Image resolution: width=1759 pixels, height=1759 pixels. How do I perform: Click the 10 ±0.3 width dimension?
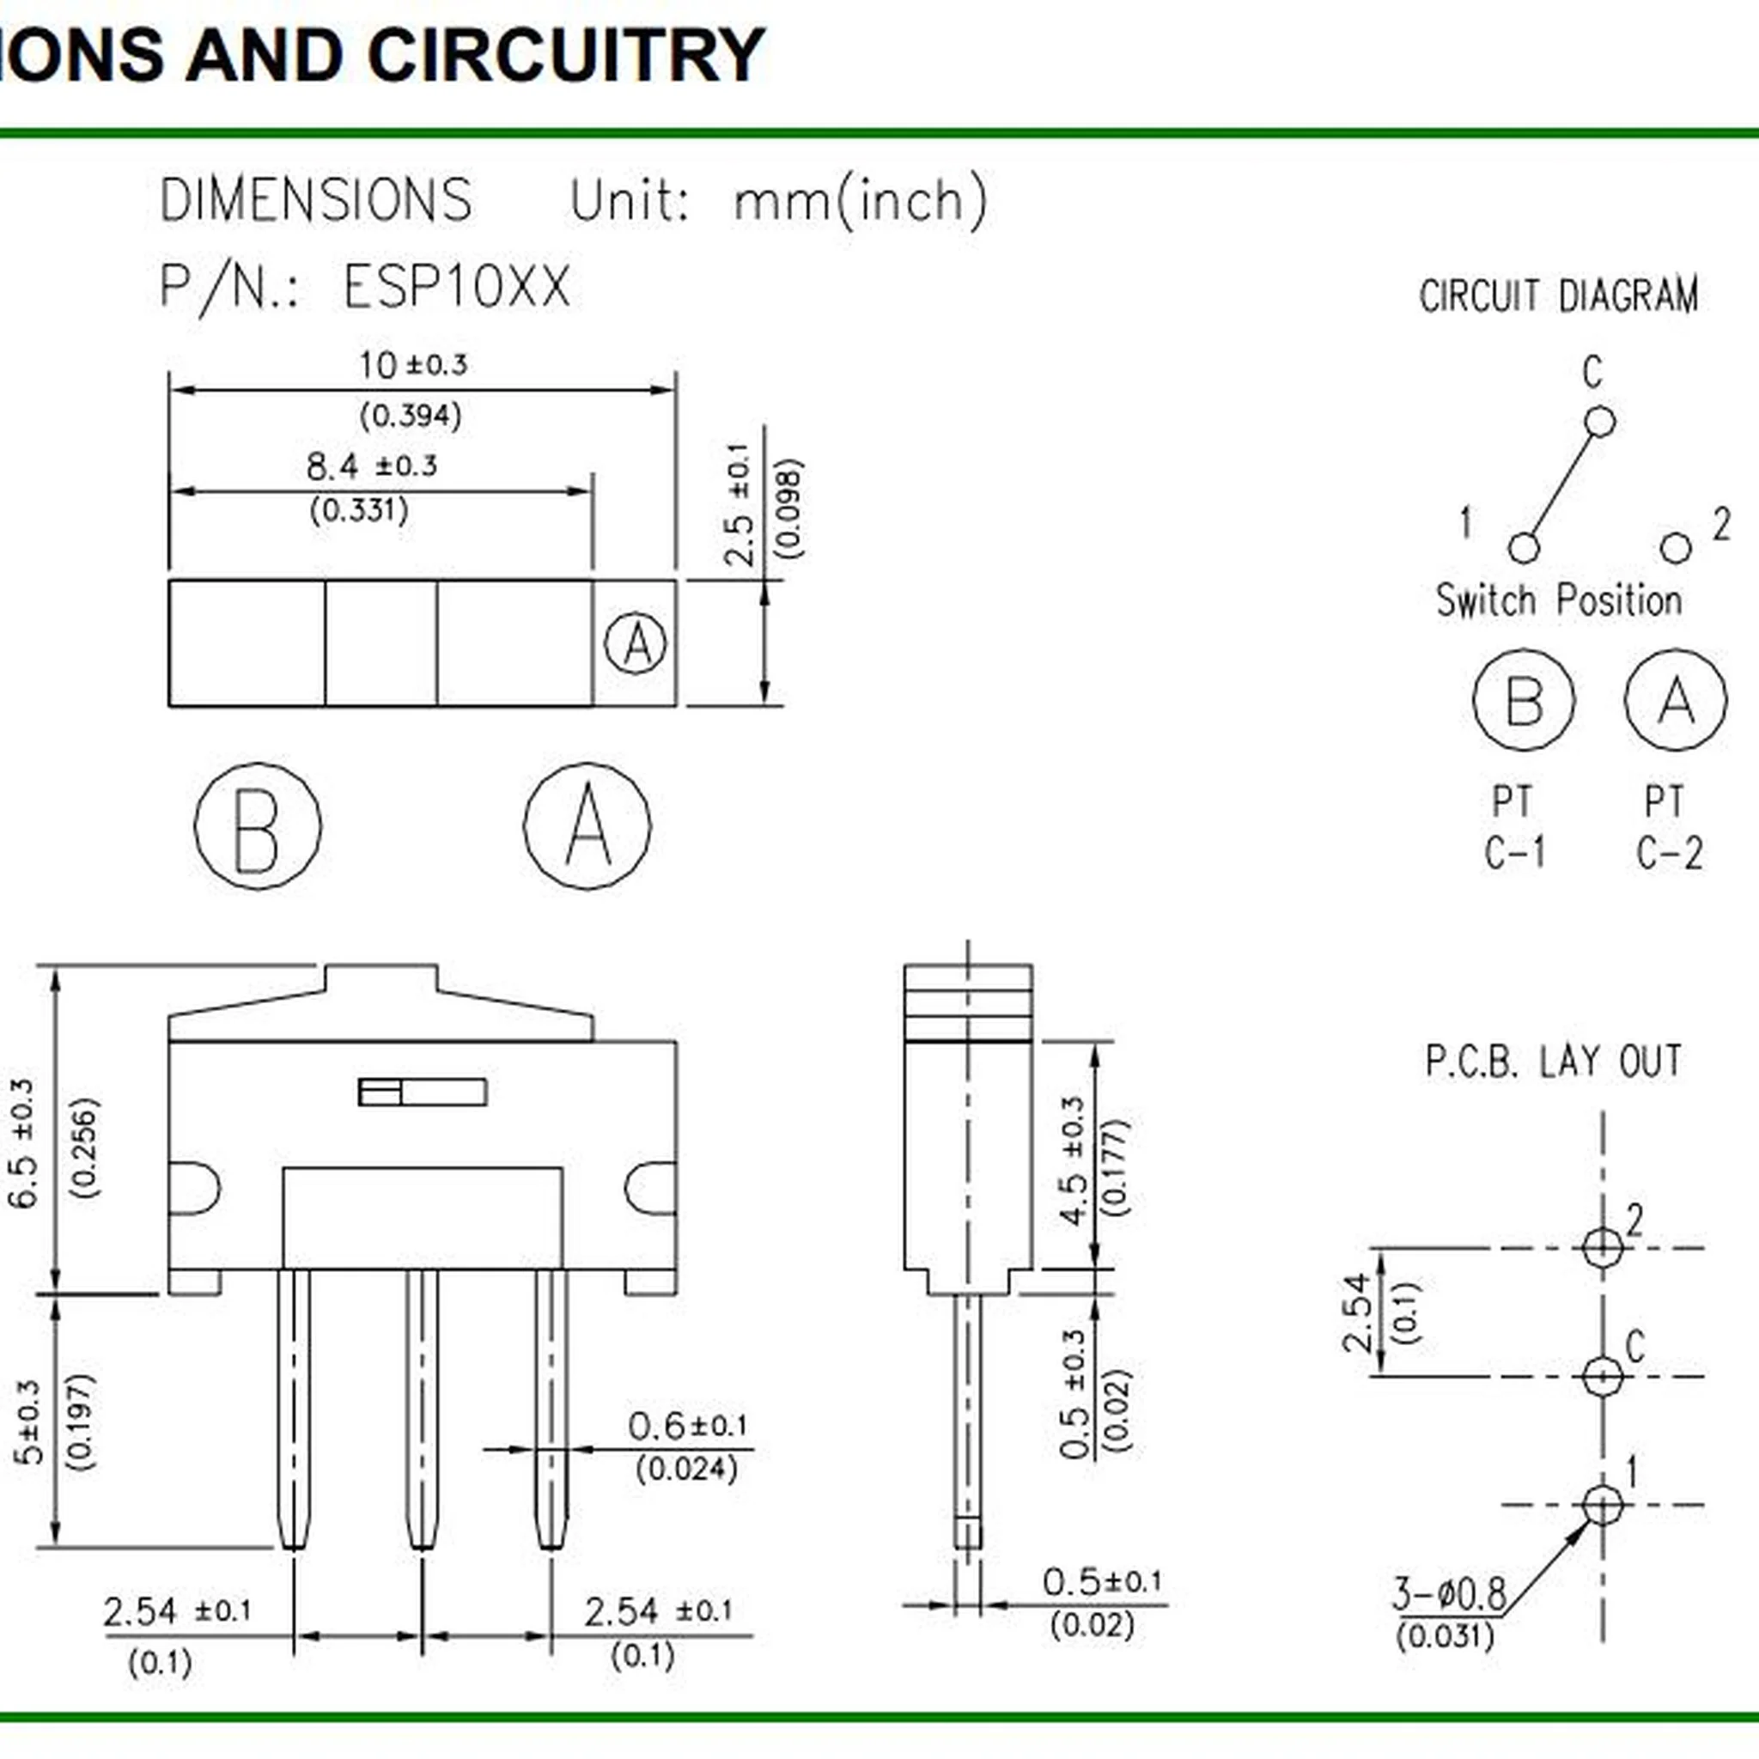(x=412, y=366)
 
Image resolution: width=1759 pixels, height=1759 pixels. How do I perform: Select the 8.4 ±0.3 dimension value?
(x=371, y=467)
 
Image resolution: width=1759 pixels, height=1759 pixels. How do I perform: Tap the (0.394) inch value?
(x=411, y=417)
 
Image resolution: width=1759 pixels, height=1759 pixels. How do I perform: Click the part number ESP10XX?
(x=456, y=287)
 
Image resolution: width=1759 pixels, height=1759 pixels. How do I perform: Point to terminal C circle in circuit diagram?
(x=1599, y=423)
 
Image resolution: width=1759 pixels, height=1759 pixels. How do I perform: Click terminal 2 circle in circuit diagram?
(x=1675, y=547)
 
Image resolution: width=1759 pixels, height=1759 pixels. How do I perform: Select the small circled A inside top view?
(x=636, y=643)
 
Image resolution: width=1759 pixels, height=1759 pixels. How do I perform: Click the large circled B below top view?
(x=258, y=825)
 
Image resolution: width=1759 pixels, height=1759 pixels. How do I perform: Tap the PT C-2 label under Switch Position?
(x=1668, y=828)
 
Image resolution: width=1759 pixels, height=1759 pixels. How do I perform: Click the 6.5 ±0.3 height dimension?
(x=23, y=1143)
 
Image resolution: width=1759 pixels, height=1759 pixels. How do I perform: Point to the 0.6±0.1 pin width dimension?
(x=687, y=1426)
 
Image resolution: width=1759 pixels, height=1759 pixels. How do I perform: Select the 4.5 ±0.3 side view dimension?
(x=1074, y=1161)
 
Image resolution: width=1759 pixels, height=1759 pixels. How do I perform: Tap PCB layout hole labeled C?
(x=1603, y=1376)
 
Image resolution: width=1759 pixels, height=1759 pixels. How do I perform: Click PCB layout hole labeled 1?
(x=1603, y=1504)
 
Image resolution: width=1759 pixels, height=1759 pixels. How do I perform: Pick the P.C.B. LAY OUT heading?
(x=1553, y=1062)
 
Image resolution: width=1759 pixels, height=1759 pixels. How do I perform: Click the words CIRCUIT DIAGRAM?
(x=1559, y=297)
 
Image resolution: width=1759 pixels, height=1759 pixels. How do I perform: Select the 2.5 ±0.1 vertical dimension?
(x=740, y=505)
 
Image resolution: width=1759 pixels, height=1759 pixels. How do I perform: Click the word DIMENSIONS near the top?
(x=316, y=200)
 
